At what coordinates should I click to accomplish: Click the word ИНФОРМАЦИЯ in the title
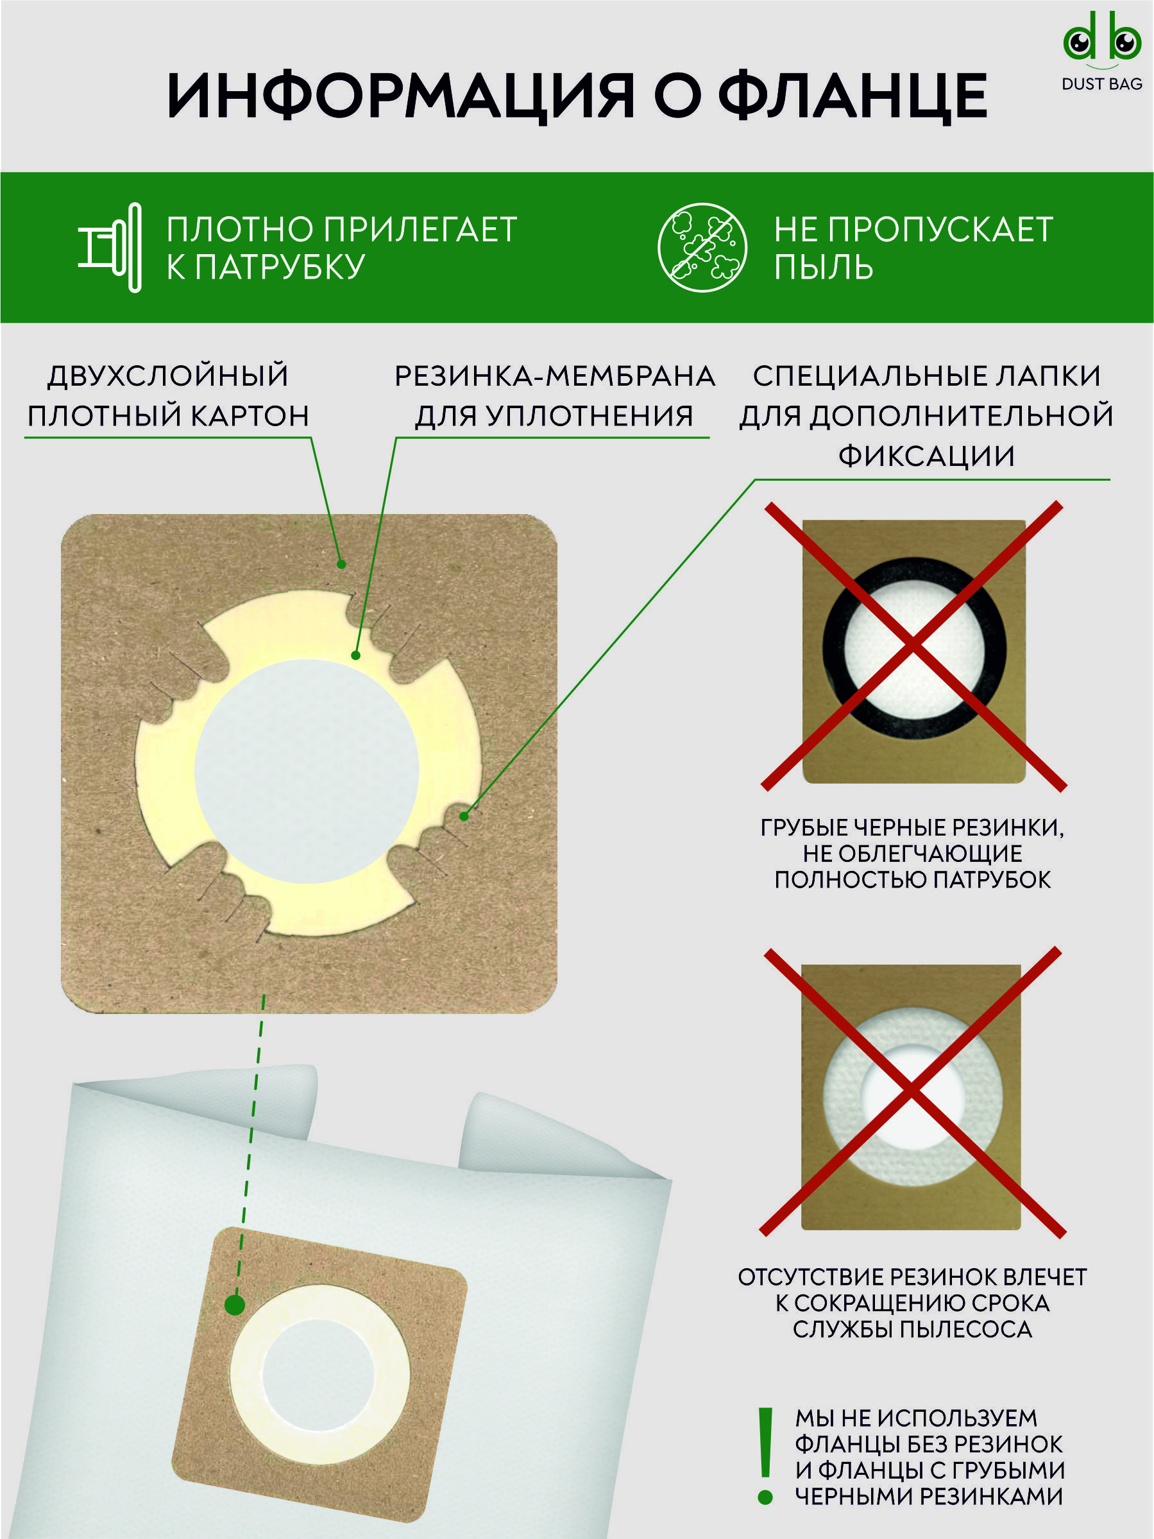pyautogui.click(x=401, y=96)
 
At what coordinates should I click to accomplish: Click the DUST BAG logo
pyautogui.click(x=1102, y=51)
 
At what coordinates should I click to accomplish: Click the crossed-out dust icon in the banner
pyautogui.click(x=702, y=247)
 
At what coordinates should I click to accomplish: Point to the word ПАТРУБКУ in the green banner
pyautogui.click(x=280, y=266)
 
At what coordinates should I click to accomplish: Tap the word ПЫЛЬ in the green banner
pyautogui.click(x=824, y=266)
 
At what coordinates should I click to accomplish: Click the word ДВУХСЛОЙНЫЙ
pyautogui.click(x=168, y=375)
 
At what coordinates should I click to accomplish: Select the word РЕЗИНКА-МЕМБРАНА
pyautogui.click(x=555, y=375)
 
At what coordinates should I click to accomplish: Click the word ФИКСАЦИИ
pyautogui.click(x=926, y=456)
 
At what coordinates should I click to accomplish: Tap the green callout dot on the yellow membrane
pyautogui.click(x=355, y=655)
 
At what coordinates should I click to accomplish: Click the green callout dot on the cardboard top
pyautogui.click(x=341, y=564)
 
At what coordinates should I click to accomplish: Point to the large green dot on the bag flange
pyautogui.click(x=235, y=1305)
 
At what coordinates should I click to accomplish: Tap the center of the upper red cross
pyautogui.click(x=913, y=645)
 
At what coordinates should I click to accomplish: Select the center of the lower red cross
pyautogui.click(x=912, y=1091)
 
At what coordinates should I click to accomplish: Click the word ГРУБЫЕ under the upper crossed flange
pyautogui.click(x=804, y=827)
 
